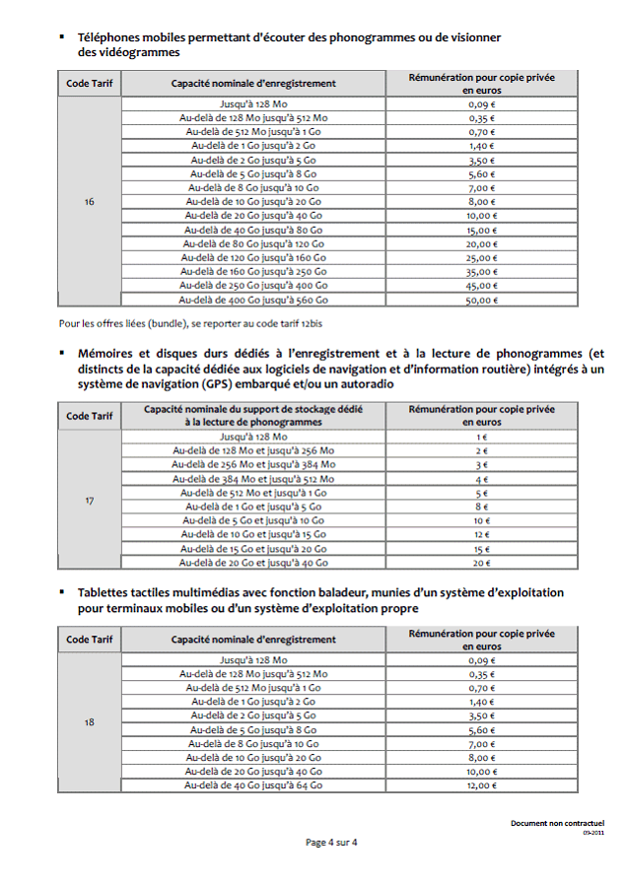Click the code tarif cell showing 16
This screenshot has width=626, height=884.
[90, 202]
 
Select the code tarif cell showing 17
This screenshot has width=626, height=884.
[90, 501]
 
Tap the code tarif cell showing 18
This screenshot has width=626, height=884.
[90, 722]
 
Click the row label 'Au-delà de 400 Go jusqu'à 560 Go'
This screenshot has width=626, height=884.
[253, 301]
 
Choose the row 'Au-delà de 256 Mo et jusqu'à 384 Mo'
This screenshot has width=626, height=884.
[253, 464]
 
